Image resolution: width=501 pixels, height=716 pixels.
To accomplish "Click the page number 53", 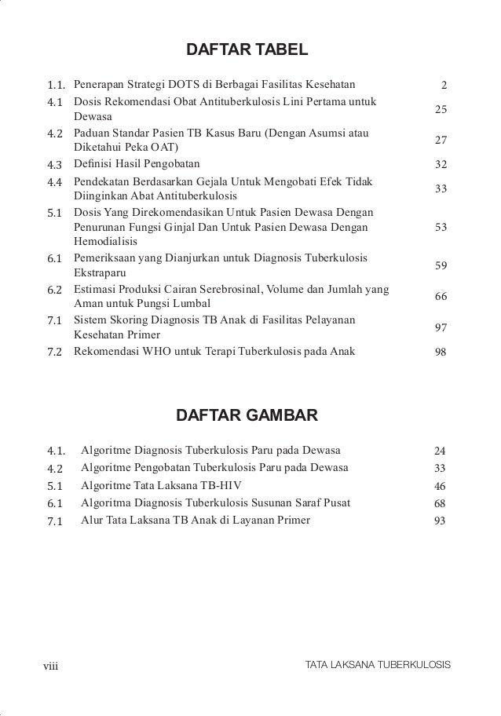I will tap(441, 228).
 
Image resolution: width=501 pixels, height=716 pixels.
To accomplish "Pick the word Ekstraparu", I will tap(100, 273).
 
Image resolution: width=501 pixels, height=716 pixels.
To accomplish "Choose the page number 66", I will tap(441, 297).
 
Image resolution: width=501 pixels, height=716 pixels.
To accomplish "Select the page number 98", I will tap(441, 353).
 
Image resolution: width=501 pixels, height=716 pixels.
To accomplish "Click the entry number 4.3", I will tap(55, 165).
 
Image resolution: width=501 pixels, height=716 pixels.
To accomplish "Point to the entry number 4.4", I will tap(55, 182).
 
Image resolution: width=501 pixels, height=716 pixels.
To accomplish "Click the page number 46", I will tap(440, 486).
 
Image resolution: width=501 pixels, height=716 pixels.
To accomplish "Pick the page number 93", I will tap(440, 521).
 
